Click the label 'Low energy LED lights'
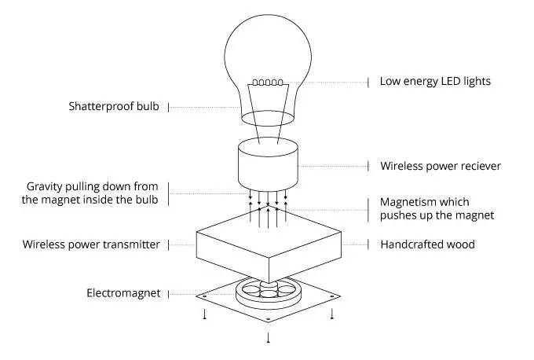pyautogui.click(x=435, y=81)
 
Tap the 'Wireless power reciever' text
pyautogui.click(x=441, y=166)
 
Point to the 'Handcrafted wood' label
pyautogui.click(x=427, y=244)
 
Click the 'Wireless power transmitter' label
pyautogui.click(x=91, y=244)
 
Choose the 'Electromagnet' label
pyautogui.click(x=123, y=293)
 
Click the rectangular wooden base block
pyautogui.click(x=267, y=248)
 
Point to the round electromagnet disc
pyautogui.click(x=268, y=295)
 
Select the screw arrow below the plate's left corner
pyautogui.click(x=205, y=314)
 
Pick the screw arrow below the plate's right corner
pyautogui.click(x=332, y=314)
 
